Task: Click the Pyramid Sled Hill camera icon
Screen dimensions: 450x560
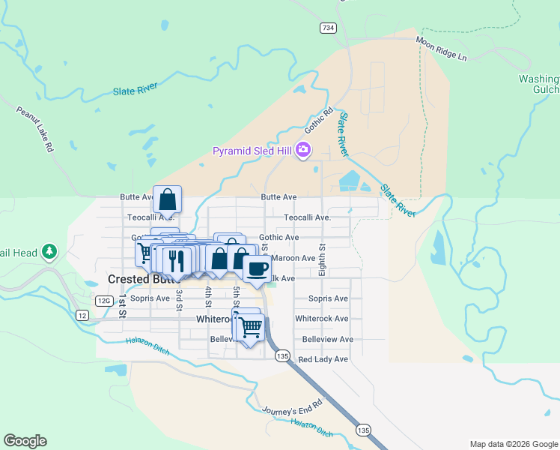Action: coord(303,150)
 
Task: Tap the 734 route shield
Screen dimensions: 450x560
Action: coord(328,28)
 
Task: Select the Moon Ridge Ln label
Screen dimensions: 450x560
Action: coord(441,49)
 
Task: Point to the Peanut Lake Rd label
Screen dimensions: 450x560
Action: coord(35,129)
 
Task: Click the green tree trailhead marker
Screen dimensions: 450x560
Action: coord(49,251)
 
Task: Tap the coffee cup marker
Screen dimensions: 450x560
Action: coord(257,268)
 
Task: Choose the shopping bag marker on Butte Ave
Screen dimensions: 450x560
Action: coord(168,199)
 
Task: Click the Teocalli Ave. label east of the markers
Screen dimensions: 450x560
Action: coord(307,217)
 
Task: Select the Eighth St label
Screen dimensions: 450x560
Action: coord(322,259)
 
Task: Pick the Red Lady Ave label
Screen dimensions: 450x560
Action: coord(323,360)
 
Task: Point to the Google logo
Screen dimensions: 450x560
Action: coord(25,441)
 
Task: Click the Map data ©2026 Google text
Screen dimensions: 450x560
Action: coord(513,444)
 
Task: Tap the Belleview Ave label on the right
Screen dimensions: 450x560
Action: coord(327,340)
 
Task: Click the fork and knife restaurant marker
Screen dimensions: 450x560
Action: coord(177,261)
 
